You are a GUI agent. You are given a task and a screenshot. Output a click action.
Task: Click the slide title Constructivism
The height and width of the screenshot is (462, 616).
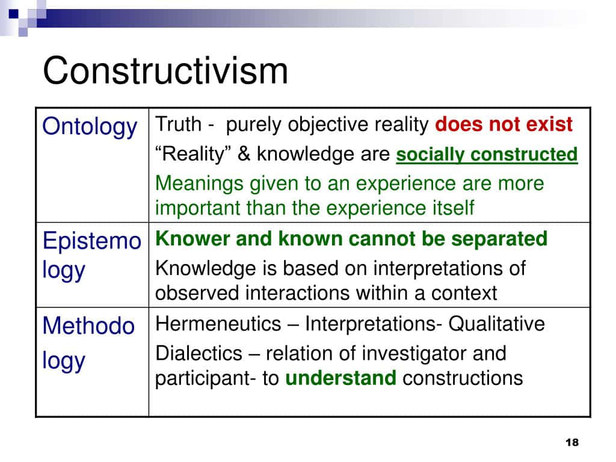165,70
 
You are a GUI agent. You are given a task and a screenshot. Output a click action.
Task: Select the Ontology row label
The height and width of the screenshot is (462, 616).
90,126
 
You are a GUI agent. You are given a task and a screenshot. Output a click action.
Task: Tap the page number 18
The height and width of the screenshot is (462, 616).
572,442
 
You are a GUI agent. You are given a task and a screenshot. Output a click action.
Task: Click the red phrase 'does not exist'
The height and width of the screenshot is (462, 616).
504,124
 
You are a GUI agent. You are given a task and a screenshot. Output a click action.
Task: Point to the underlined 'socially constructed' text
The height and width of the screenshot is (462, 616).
487,154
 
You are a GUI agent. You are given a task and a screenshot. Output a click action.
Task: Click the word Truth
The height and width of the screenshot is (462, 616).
178,124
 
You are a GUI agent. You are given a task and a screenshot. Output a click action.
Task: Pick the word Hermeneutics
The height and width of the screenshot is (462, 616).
218,324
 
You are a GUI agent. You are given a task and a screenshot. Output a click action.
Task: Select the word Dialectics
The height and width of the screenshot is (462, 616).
199,353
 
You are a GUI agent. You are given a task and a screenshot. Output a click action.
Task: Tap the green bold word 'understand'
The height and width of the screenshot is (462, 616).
340,378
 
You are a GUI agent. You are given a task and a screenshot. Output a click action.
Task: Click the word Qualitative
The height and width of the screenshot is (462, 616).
496,324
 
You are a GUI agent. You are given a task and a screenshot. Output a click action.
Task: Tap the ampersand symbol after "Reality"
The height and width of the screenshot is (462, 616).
244,153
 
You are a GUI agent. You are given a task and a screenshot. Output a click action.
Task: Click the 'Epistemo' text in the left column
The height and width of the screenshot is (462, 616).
92,241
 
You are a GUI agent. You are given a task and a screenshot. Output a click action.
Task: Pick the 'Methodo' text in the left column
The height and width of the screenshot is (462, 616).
89,325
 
